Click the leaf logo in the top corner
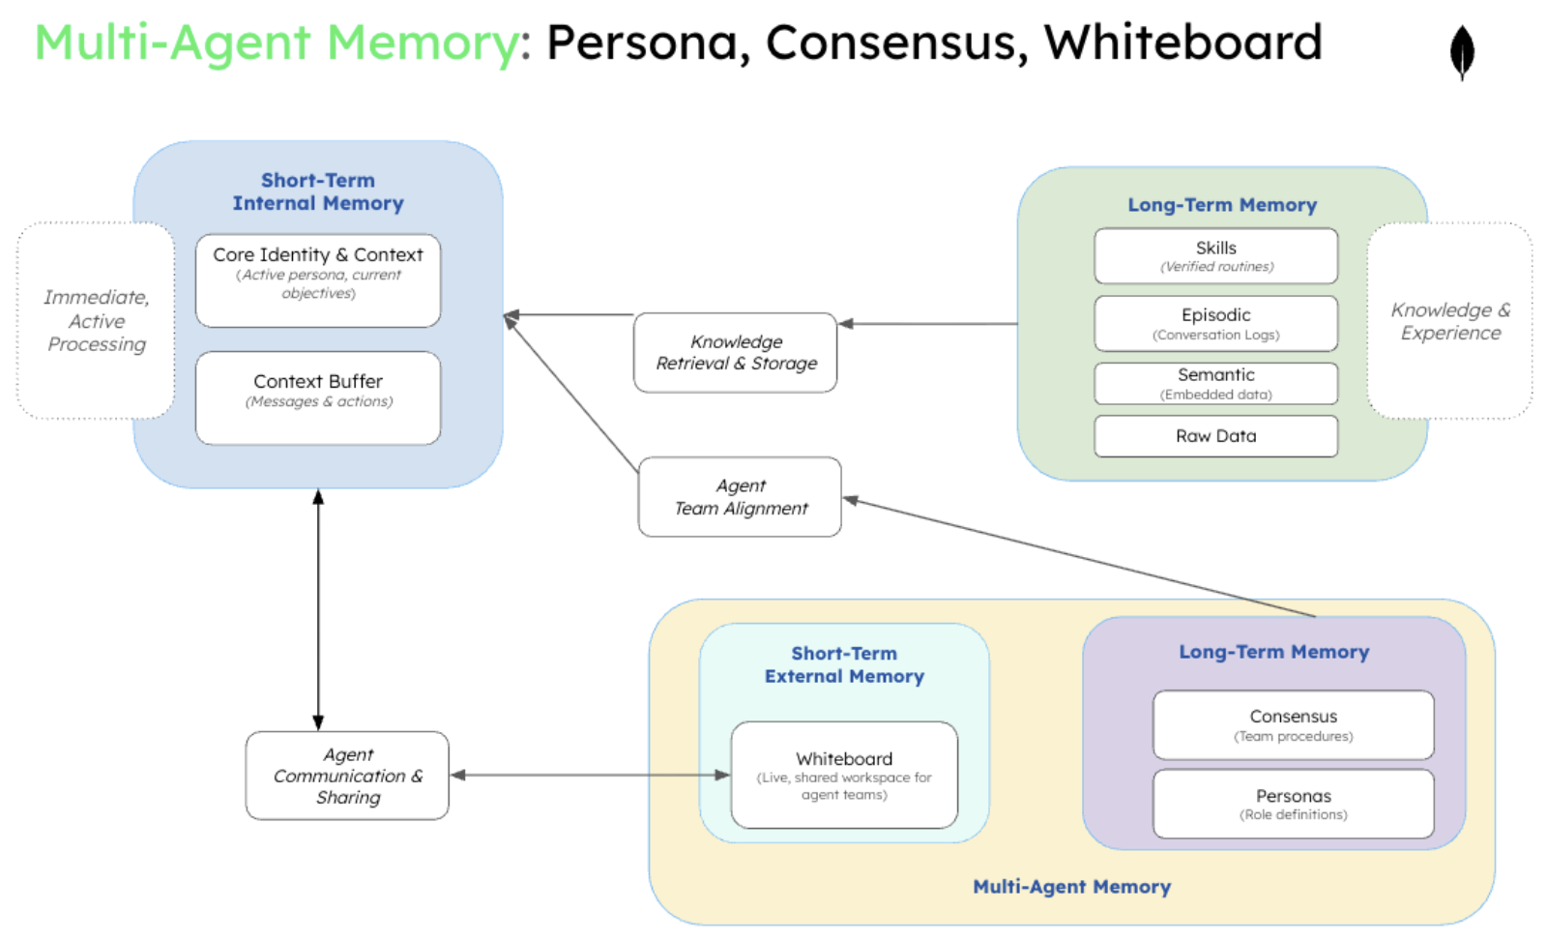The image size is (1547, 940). point(1461,52)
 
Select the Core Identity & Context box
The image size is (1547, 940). point(318,280)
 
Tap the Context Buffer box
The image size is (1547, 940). point(318,397)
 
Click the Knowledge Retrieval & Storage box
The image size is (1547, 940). point(735,353)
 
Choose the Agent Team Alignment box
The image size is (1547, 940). point(740,497)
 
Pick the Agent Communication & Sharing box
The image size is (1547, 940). point(347,776)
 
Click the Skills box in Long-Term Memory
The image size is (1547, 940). point(1215,256)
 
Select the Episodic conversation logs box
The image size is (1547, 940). point(1215,324)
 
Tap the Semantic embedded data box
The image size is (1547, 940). point(1215,384)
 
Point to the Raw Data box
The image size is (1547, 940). point(1215,436)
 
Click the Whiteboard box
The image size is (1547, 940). point(844,776)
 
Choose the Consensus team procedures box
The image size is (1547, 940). point(1293,725)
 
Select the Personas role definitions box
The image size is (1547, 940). point(1293,804)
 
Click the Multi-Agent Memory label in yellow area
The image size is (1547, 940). point(1071,887)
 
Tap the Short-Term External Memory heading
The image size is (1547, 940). point(844,665)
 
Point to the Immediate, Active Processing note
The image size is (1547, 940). point(96,321)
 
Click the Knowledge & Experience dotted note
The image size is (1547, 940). point(1449,321)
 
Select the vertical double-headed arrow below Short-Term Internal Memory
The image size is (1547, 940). point(318,609)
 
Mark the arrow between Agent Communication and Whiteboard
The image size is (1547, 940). point(590,775)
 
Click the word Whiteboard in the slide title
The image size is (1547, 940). point(1182,43)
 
